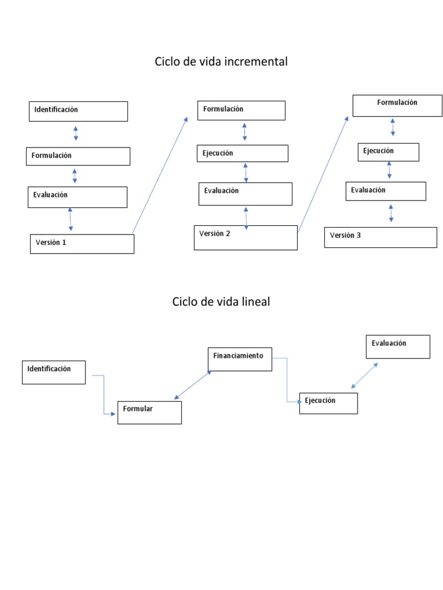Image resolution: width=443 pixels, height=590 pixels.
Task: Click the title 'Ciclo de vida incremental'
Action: pyautogui.click(x=221, y=62)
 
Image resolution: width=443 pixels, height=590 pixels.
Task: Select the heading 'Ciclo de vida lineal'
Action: pyautogui.click(x=221, y=301)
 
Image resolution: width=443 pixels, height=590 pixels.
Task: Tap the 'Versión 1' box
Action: pyautogui.click(x=82, y=244)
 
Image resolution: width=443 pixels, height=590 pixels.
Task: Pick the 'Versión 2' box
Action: pyautogui.click(x=246, y=237)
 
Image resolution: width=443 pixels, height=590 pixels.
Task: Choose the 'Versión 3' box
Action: pyautogui.click(x=380, y=237)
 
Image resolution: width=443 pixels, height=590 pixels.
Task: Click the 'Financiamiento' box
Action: pyautogui.click(x=239, y=359)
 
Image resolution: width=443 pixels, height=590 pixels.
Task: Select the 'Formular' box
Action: pyautogui.click(x=149, y=412)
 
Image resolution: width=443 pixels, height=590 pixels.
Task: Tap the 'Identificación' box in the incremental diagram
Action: pyautogui.click(x=78, y=111)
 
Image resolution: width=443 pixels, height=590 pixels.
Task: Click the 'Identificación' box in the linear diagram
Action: pyautogui.click(x=54, y=372)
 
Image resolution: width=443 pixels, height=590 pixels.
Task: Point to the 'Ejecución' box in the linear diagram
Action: pyautogui.click(x=328, y=403)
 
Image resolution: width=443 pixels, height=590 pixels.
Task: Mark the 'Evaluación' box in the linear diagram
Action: pyautogui.click(x=398, y=346)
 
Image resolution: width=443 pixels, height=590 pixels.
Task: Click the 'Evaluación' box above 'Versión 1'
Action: pyautogui.click(x=77, y=197)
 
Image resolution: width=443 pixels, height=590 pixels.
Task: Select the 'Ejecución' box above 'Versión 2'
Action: pyautogui.click(x=243, y=153)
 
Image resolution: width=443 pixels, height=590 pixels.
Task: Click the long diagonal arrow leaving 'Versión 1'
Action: pyautogui.click(x=160, y=175)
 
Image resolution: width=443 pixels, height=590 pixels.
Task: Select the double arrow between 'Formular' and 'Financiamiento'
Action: pyautogui.click(x=193, y=385)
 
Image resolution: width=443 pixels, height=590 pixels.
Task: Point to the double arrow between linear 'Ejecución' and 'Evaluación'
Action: pyautogui.click(x=365, y=376)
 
